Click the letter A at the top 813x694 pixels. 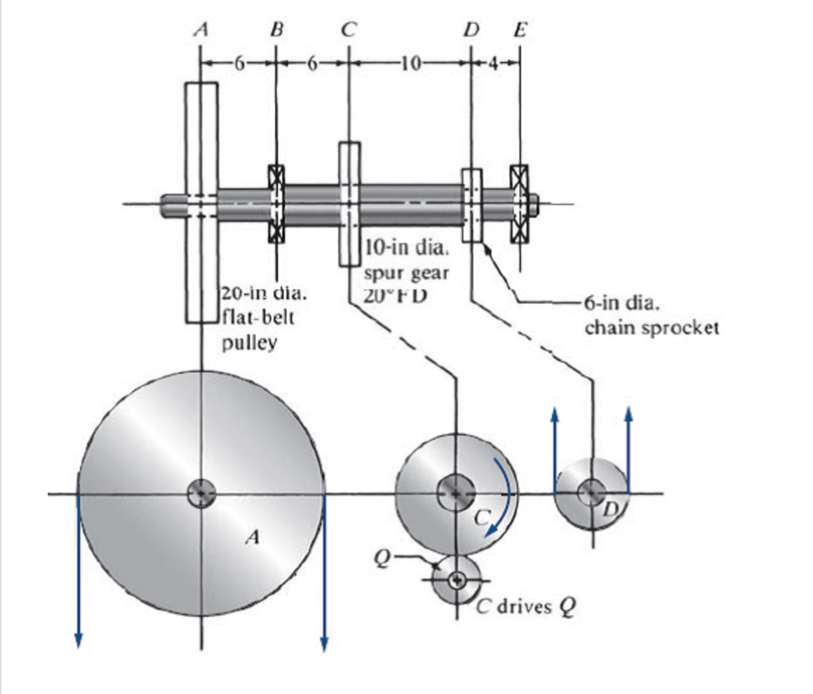[202, 30]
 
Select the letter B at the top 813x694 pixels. [275, 30]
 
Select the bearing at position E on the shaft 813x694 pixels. [519, 204]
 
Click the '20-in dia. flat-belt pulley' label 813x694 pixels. [259, 318]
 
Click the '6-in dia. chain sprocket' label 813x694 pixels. [651, 315]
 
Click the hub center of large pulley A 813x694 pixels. [200, 494]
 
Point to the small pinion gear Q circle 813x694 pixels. [457, 580]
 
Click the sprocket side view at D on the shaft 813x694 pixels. [472, 204]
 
